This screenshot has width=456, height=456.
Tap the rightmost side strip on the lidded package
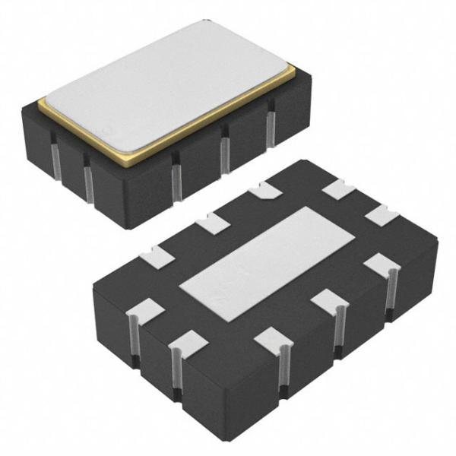(x=270, y=123)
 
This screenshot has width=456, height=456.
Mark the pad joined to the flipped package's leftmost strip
(x=145, y=310)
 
